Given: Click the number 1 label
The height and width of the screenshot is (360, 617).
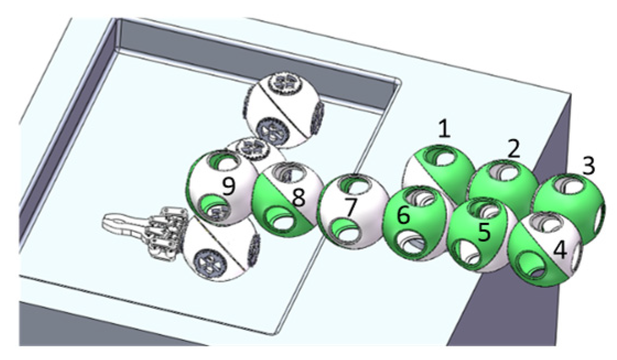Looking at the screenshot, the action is click(x=445, y=130).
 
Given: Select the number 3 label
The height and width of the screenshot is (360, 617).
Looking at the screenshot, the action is click(x=588, y=166).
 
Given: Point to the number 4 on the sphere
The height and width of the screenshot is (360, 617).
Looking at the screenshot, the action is click(x=560, y=251).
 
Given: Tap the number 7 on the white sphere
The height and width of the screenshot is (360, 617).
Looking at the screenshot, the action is click(x=349, y=208).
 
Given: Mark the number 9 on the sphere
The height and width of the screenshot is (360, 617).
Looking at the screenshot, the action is click(x=228, y=188).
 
